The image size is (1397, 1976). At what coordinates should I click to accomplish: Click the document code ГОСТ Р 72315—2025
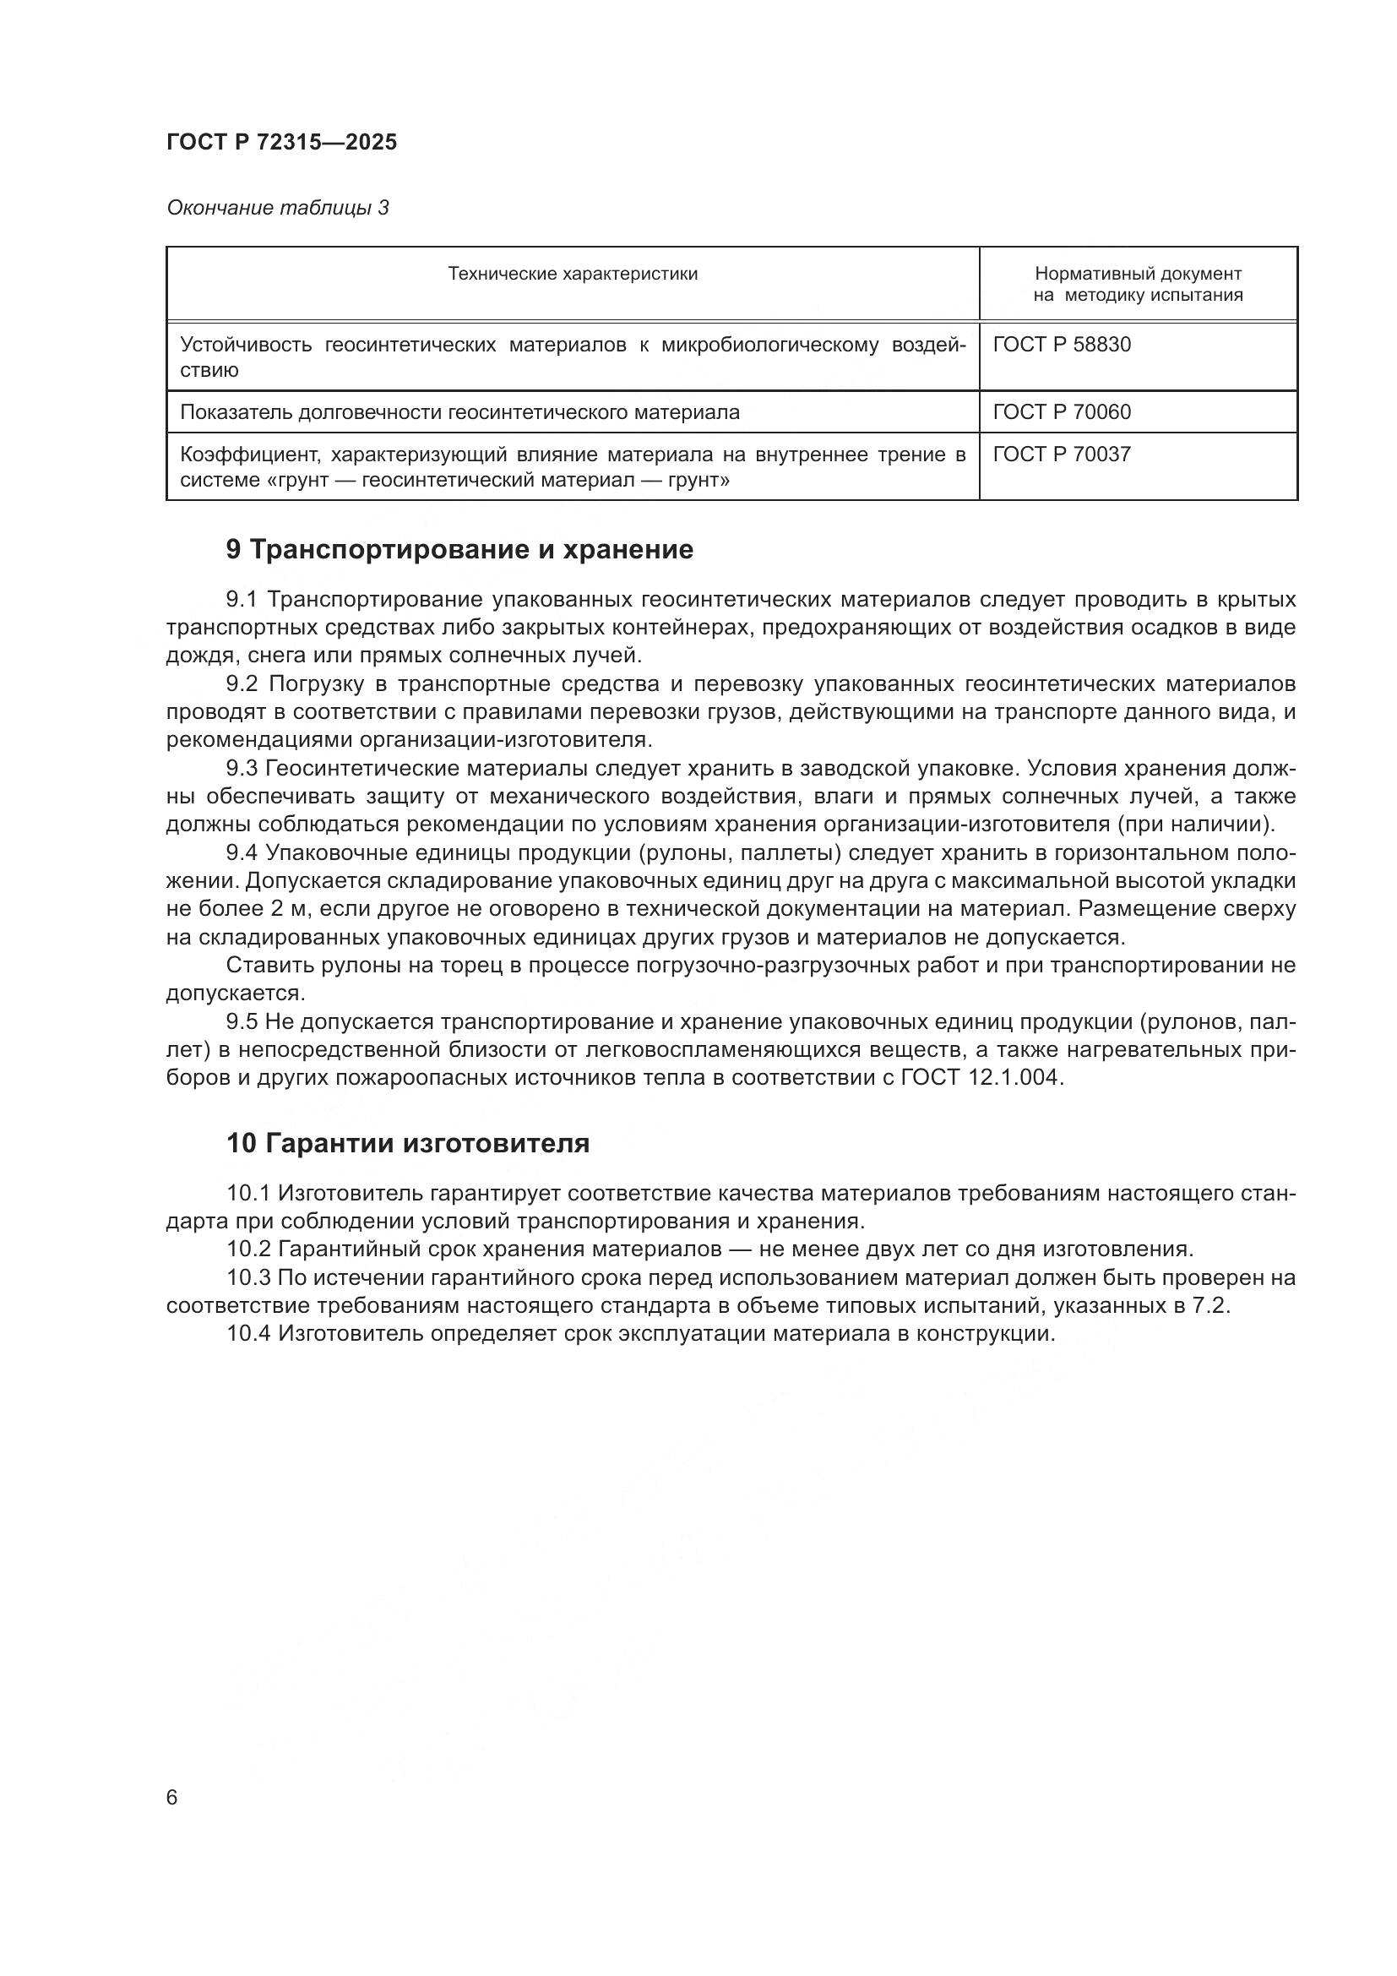click(x=281, y=142)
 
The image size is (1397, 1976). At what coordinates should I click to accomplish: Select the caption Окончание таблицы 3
click(x=278, y=208)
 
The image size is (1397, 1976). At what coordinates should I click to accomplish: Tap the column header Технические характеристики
click(x=572, y=275)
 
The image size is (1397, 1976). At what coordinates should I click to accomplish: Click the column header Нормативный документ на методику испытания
click(x=1137, y=285)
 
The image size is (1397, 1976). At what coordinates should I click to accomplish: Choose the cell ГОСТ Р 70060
click(x=1062, y=412)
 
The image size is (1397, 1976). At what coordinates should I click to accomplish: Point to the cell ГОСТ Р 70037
click(x=1062, y=455)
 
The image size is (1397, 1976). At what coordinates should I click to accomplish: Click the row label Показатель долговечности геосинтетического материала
click(x=459, y=412)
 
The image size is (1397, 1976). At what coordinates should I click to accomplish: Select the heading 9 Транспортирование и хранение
click(x=459, y=549)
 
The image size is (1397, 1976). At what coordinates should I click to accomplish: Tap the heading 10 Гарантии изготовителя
click(x=408, y=1143)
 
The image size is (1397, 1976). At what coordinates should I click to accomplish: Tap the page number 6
click(x=172, y=1798)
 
